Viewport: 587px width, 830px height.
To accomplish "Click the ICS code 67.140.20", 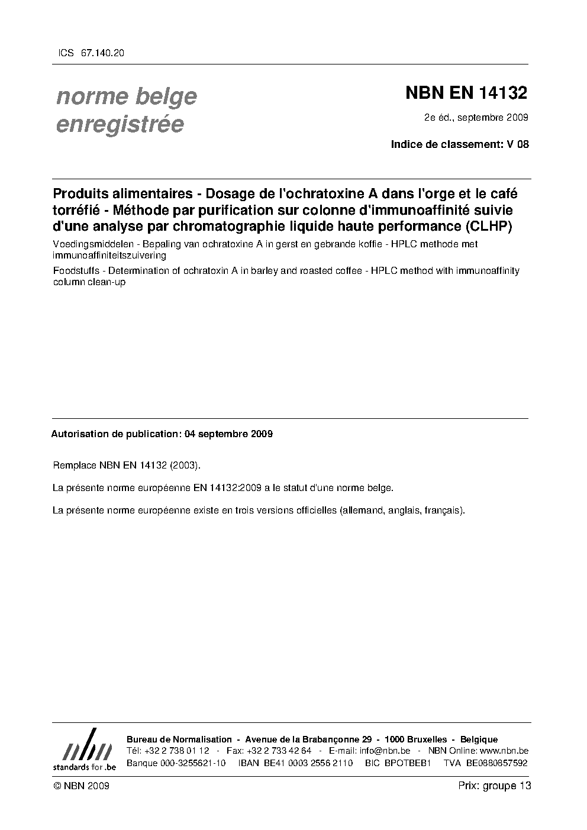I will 102,53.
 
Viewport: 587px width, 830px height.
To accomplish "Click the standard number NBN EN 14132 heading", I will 466,93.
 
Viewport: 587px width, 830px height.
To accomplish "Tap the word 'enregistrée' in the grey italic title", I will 120,124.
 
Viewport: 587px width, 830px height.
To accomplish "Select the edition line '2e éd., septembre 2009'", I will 476,117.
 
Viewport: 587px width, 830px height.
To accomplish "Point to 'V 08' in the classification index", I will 517,144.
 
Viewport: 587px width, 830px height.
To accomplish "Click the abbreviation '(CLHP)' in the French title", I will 488,225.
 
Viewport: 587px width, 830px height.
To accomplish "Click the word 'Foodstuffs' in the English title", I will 75,270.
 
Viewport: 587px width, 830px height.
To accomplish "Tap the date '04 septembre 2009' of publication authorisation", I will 228,434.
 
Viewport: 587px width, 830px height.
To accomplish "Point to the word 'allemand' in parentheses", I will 362,510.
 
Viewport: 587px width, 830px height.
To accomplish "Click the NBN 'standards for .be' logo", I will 84,750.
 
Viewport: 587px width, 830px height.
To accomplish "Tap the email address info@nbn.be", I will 385,751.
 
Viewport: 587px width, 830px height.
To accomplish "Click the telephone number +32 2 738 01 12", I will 176,751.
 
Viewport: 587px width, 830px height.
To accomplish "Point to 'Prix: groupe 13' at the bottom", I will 494,786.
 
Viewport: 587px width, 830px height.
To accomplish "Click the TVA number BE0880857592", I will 496,763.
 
